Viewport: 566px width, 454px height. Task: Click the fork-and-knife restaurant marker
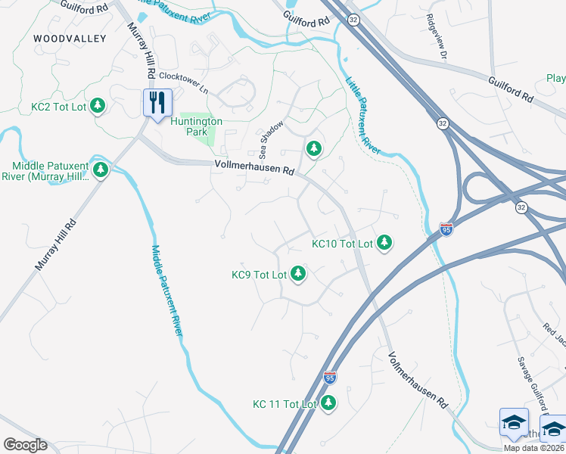(x=157, y=102)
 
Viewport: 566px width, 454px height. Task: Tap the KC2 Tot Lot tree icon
(x=97, y=107)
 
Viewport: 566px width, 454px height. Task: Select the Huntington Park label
(x=196, y=126)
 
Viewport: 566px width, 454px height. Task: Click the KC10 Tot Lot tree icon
(x=385, y=243)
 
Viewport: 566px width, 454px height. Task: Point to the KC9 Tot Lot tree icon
(x=298, y=274)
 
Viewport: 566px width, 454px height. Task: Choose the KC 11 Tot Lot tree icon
(x=328, y=403)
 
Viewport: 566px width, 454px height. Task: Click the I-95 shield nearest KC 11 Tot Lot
(x=329, y=376)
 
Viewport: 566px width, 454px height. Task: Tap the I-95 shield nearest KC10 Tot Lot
(x=446, y=228)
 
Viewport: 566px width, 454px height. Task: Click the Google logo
(x=25, y=445)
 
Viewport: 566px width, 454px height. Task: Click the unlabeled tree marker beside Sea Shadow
(x=313, y=149)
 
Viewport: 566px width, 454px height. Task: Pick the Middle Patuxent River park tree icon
(x=101, y=171)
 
